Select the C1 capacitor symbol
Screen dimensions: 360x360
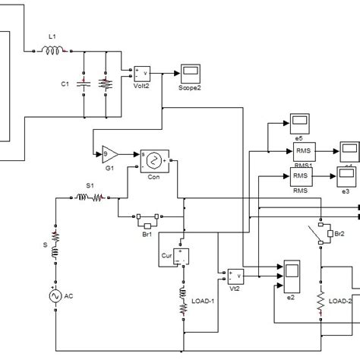(x=85, y=84)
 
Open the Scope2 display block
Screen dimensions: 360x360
(x=190, y=74)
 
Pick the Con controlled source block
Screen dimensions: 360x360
(x=153, y=160)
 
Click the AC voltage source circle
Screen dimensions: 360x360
(x=55, y=296)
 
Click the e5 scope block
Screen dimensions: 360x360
(x=298, y=122)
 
